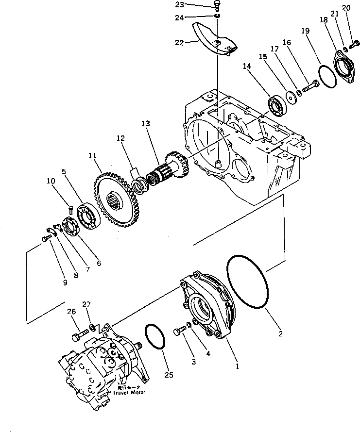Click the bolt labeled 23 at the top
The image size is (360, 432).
[218, 7]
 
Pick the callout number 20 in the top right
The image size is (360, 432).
[346, 8]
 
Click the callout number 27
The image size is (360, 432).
[86, 305]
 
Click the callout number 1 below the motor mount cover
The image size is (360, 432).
[237, 366]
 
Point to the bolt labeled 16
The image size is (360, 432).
[309, 88]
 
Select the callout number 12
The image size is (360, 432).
[120, 138]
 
